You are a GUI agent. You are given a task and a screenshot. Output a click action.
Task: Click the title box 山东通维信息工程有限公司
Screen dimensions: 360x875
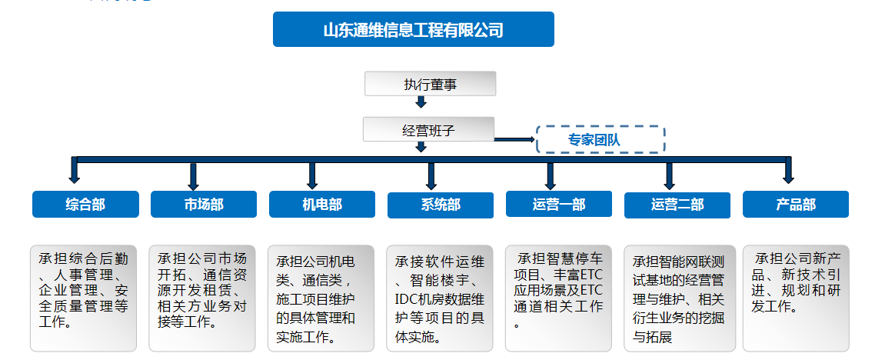click(x=413, y=29)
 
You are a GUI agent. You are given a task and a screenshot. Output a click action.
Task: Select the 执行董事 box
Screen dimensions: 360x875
click(x=430, y=84)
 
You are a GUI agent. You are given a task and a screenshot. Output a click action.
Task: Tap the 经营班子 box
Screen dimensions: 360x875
click(x=428, y=129)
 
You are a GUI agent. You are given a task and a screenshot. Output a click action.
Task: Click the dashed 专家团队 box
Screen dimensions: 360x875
click(x=600, y=140)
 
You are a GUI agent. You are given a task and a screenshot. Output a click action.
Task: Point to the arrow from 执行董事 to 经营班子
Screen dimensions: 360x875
click(x=421, y=103)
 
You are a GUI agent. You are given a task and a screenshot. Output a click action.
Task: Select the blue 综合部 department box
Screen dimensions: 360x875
click(x=85, y=205)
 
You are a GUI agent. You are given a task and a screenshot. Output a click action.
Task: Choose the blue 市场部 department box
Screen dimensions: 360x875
click(x=204, y=205)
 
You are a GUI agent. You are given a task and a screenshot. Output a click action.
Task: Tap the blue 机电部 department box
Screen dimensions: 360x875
click(x=322, y=205)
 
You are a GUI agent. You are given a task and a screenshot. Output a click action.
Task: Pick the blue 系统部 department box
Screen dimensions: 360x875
click(x=441, y=205)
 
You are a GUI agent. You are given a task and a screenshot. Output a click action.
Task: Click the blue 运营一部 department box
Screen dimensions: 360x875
click(x=559, y=205)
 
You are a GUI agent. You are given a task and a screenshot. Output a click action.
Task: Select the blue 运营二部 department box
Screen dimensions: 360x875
click(x=677, y=205)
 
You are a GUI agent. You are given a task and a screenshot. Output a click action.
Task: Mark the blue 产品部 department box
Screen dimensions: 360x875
click(x=796, y=205)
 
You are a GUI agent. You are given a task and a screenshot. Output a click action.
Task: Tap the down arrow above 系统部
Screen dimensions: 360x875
click(x=431, y=175)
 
